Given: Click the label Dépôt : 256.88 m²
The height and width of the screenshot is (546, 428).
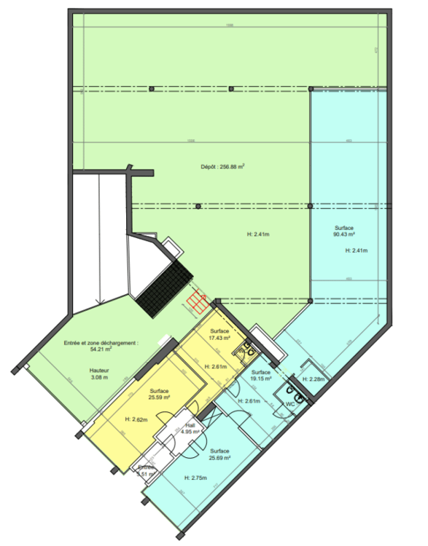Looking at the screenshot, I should point(222,166).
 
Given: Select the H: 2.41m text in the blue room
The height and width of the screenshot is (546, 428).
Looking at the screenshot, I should point(357,251).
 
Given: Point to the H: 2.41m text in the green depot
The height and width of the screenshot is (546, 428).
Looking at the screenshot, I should point(259,234).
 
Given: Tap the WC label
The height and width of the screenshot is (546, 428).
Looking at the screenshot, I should point(289,403).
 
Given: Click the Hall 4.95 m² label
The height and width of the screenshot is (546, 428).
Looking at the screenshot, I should point(191,430).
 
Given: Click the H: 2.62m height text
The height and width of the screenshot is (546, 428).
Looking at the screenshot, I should point(137,419).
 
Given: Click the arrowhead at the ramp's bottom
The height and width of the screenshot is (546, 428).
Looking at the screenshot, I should point(97,303).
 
